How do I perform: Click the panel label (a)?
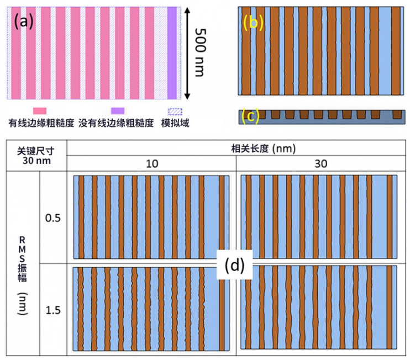pyautogui.click(x=24, y=22)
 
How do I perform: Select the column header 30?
pyautogui.click(x=320, y=163)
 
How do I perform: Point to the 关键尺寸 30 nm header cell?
pyautogui.click(x=34, y=156)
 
